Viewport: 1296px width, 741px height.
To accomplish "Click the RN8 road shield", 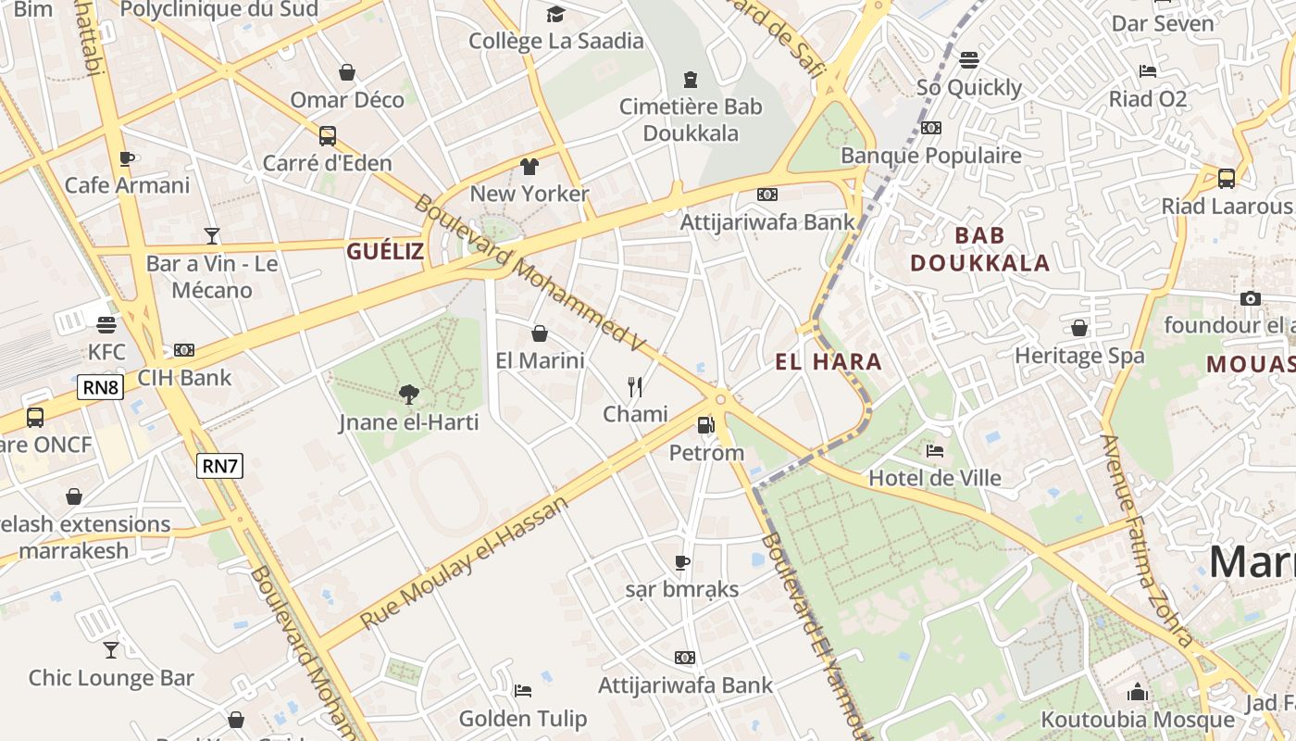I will pyautogui.click(x=101, y=387).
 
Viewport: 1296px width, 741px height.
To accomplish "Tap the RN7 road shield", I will pyautogui.click(x=219, y=466).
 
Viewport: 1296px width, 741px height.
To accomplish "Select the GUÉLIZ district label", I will pyautogui.click(x=385, y=251).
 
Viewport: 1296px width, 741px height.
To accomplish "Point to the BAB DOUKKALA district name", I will pyautogui.click(x=979, y=249).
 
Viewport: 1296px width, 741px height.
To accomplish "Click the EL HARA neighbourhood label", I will pyautogui.click(x=829, y=362).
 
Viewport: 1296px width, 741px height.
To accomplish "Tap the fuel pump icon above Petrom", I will pyautogui.click(x=705, y=425).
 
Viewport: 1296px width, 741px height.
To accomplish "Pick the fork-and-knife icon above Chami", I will pyautogui.click(x=634, y=386).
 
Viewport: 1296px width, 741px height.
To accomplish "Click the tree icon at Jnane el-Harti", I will pyautogui.click(x=408, y=395).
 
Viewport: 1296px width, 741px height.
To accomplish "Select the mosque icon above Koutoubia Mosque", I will pyautogui.click(x=1138, y=692).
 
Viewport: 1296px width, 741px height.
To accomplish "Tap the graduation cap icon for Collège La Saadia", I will pyautogui.click(x=555, y=14).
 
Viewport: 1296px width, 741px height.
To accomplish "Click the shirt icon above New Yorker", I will pyautogui.click(x=529, y=167).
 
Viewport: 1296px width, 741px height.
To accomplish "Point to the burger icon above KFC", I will pyautogui.click(x=106, y=325).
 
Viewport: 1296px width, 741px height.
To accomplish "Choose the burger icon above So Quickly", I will pyautogui.click(x=969, y=60).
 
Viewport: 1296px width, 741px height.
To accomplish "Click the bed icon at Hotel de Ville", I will pyautogui.click(x=935, y=451).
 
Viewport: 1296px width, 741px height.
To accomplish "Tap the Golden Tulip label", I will pyautogui.click(x=523, y=719).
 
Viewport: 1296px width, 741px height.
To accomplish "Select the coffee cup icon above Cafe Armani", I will pyautogui.click(x=127, y=158).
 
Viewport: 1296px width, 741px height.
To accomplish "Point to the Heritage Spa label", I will pyautogui.click(x=1079, y=356).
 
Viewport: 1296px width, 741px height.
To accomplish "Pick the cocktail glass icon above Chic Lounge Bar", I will pyautogui.click(x=111, y=650).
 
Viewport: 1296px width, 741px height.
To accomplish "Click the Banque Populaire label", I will pyautogui.click(x=931, y=156).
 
